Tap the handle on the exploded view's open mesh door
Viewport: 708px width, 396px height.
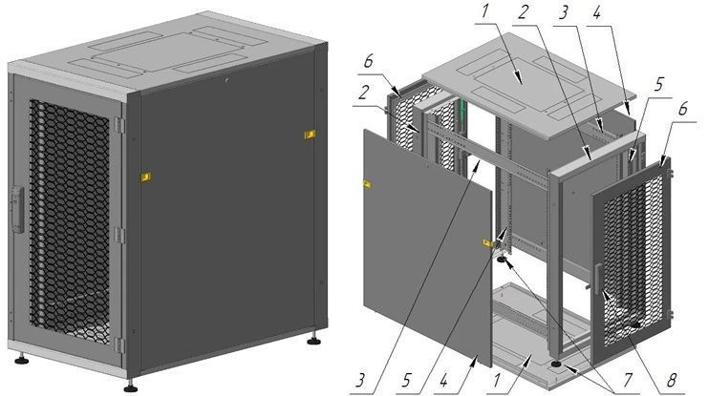594,279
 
